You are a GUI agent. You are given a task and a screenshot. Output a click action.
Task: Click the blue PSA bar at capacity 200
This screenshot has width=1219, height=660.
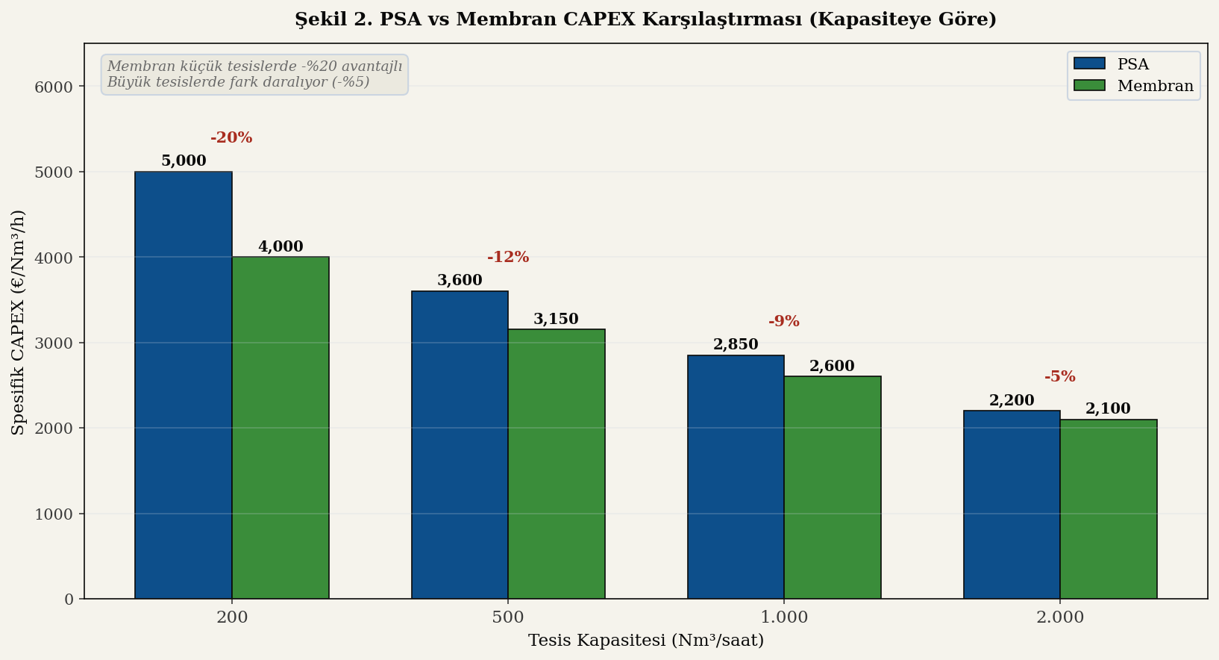click(x=184, y=385)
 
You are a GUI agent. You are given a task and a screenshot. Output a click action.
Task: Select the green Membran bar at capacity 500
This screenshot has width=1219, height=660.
click(x=557, y=464)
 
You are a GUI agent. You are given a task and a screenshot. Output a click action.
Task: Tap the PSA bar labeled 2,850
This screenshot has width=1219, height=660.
click(x=736, y=477)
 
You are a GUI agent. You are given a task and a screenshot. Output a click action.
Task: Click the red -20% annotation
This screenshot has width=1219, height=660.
click(x=231, y=138)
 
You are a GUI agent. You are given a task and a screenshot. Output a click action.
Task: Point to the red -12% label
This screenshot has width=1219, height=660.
click(x=508, y=258)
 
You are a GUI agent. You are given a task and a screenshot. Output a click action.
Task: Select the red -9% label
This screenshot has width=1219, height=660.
click(x=784, y=322)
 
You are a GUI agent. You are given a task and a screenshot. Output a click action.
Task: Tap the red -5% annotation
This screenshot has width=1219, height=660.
click(x=1060, y=377)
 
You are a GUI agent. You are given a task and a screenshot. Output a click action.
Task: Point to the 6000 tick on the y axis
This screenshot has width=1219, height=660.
click(x=54, y=87)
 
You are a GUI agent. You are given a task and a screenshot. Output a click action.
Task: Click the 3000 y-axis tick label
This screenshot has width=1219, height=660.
click(x=54, y=343)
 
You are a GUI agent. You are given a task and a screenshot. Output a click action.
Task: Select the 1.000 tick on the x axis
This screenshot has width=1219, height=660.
click(x=784, y=617)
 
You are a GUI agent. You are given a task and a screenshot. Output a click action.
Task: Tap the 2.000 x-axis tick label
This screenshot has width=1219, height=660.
click(x=1060, y=617)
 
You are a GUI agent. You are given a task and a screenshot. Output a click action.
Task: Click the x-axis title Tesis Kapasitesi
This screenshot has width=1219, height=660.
click(x=646, y=641)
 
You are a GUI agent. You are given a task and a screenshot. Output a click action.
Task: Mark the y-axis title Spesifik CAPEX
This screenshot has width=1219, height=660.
click(x=19, y=322)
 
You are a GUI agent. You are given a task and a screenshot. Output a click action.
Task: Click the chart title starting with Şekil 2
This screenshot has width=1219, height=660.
click(x=646, y=19)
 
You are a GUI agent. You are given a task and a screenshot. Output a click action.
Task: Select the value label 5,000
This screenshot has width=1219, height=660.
click(x=184, y=161)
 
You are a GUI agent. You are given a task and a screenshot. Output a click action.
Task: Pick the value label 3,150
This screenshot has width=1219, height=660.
click(x=557, y=320)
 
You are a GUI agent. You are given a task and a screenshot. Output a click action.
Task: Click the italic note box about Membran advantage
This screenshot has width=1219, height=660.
click(x=254, y=75)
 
